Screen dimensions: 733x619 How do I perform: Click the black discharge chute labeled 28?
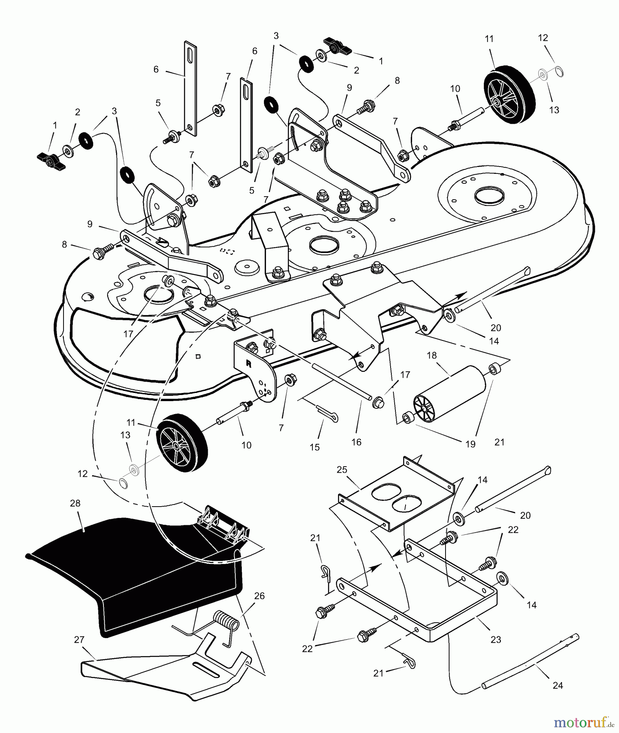point(134,570)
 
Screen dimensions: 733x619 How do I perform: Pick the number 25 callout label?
point(342,470)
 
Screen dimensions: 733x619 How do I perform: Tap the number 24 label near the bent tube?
point(558,685)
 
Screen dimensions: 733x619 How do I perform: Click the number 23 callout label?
point(496,640)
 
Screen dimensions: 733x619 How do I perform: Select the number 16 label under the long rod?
point(356,442)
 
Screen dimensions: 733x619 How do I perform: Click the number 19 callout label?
point(470,444)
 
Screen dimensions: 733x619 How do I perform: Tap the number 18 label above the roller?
point(431,356)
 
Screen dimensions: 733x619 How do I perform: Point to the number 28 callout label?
point(75,503)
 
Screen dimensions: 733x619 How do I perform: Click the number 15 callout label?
point(314,447)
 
